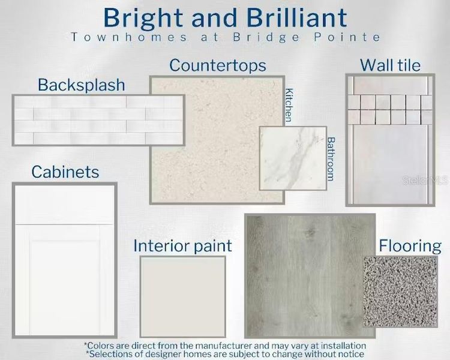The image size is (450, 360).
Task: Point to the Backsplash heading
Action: tap(82, 85)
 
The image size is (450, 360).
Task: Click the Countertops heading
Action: tap(217, 65)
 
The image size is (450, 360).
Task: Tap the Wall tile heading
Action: tap(390, 65)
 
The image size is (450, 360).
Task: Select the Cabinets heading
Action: tap(65, 172)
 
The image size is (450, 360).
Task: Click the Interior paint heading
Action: tap(182, 245)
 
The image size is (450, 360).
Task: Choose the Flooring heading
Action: tap(410, 245)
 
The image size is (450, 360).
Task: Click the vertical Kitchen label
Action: tap(289, 105)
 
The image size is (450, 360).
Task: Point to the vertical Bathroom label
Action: tap(331, 158)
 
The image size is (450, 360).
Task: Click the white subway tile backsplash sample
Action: tap(97, 120)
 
